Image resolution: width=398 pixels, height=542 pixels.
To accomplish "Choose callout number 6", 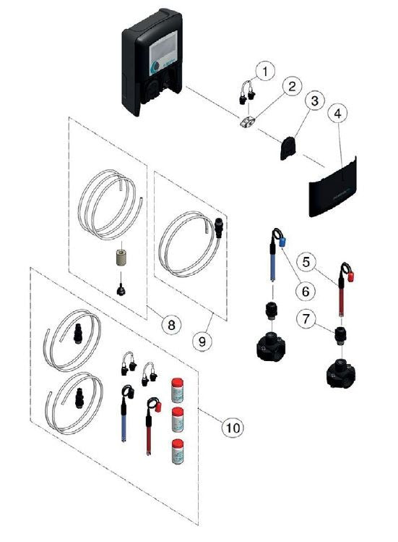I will point(305,290).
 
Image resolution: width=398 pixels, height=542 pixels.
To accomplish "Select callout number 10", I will point(231,428).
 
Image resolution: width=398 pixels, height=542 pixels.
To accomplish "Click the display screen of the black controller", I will point(165,54).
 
